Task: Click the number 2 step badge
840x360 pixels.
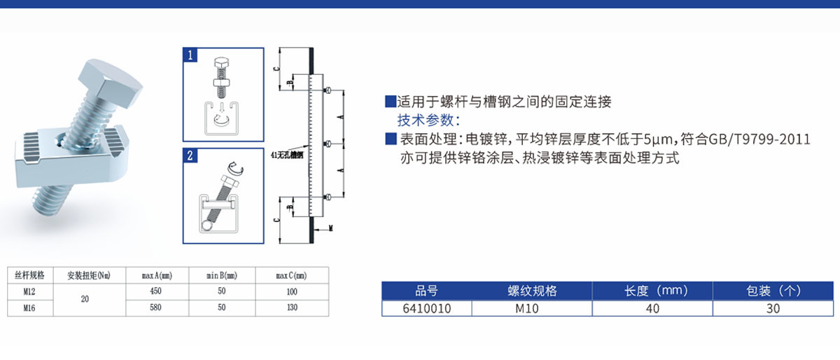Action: (190, 155)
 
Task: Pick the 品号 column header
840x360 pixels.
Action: (427, 291)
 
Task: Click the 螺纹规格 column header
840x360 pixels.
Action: (532, 291)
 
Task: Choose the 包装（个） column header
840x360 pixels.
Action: (773, 291)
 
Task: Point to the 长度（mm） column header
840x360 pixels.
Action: (652, 291)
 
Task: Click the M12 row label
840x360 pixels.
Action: (29, 291)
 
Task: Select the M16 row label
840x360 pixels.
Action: (29, 307)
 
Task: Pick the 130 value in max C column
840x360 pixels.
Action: (292, 307)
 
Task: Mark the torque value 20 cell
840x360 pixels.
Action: (85, 299)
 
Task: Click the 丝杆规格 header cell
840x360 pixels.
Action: (29, 275)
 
